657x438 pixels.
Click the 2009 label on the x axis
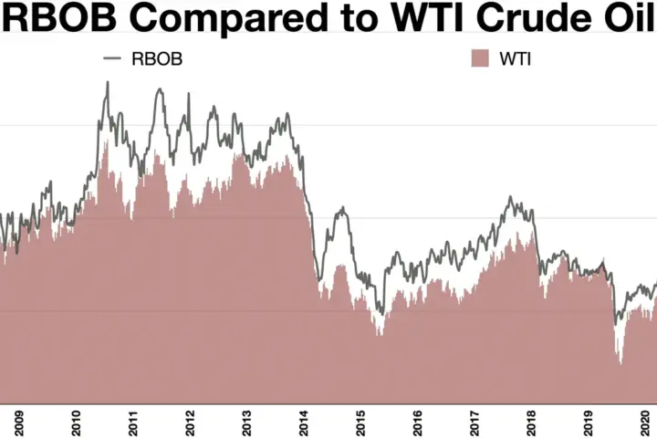click(19, 422)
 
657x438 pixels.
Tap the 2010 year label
click(76, 422)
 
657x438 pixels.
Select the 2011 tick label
click(133, 422)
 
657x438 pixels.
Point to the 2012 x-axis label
click(190, 422)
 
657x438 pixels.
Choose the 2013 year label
click(246, 422)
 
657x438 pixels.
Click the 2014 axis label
click(304, 422)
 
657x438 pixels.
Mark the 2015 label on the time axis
click(360, 422)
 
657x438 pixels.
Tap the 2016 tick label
click(417, 422)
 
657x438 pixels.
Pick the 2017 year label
click(474, 422)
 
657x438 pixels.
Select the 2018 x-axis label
click(531, 422)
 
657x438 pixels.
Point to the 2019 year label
click(589, 422)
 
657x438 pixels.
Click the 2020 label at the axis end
click(645, 422)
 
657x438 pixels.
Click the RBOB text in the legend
click(157, 58)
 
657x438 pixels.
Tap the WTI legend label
click(516, 58)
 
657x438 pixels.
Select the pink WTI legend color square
click(480, 57)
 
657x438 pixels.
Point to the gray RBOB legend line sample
click(112, 58)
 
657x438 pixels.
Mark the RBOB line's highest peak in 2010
click(108, 82)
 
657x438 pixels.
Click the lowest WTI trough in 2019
click(620, 363)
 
